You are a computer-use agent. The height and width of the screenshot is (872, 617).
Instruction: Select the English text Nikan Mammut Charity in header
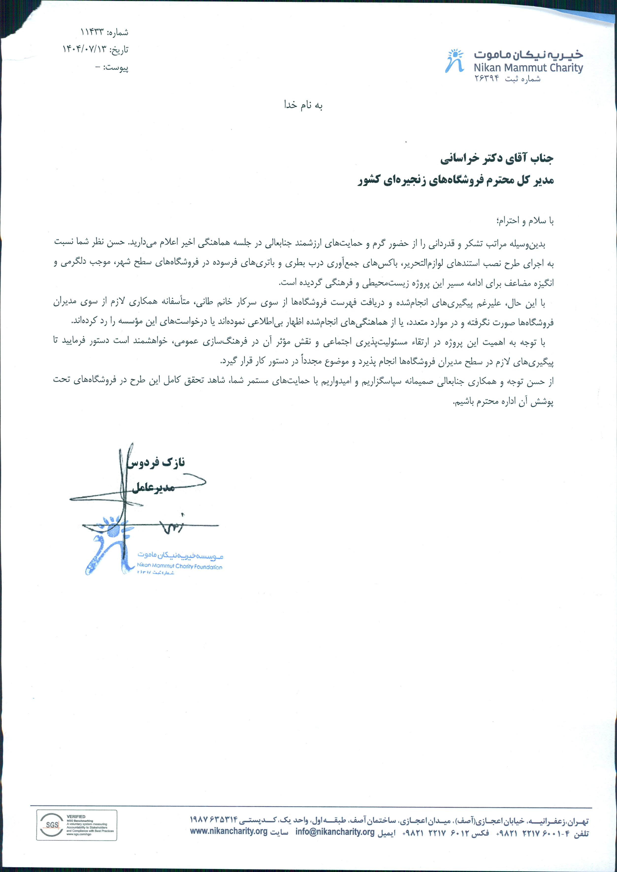click(x=528, y=68)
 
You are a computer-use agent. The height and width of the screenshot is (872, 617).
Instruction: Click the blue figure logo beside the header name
click(x=455, y=61)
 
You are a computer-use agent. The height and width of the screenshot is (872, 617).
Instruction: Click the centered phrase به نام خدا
click(x=303, y=105)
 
